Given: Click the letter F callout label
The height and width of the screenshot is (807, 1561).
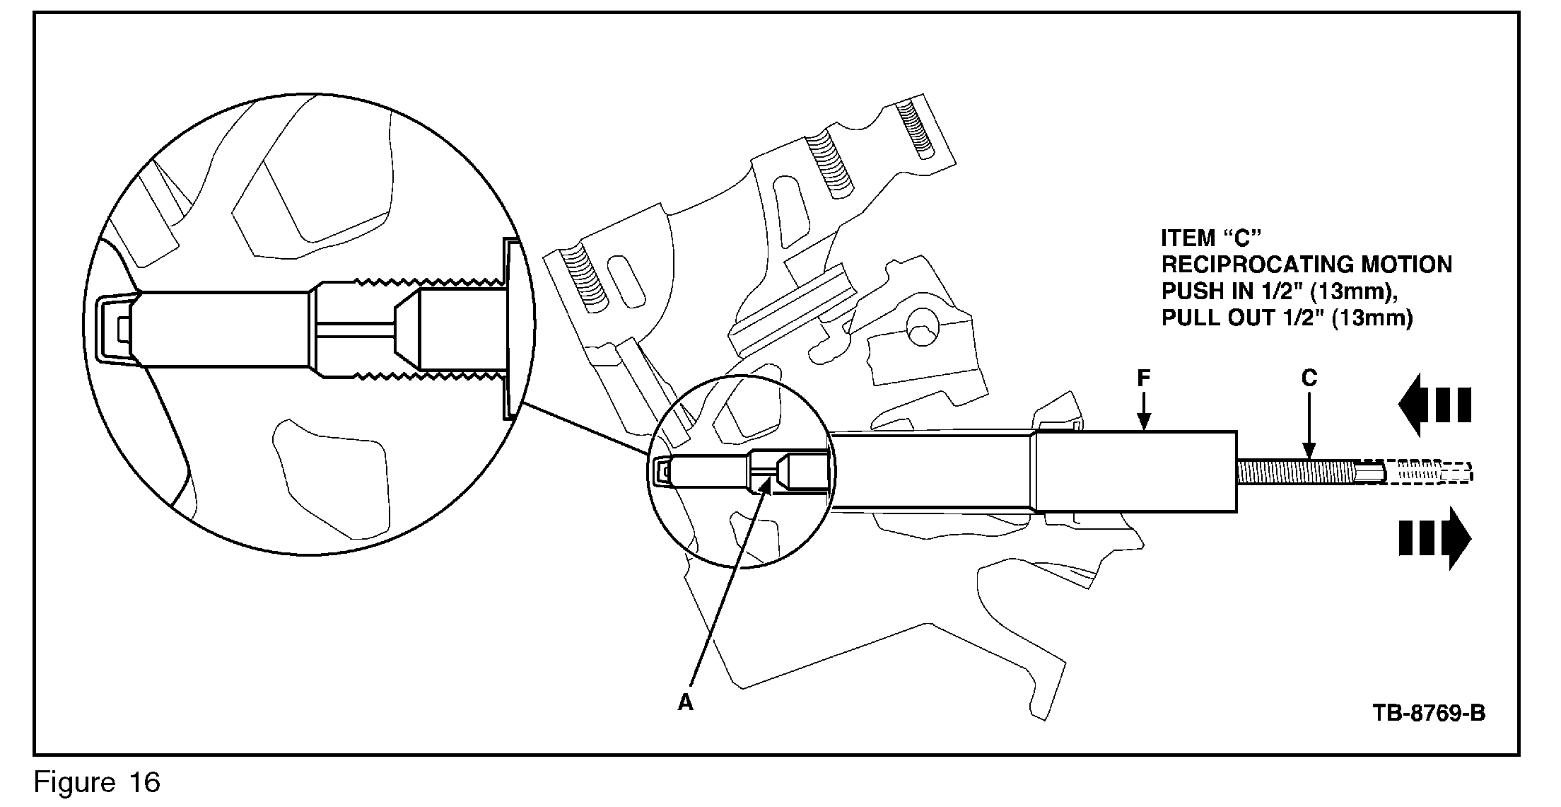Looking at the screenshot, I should point(1143,379).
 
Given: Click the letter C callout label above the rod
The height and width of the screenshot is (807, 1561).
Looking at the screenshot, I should point(1309,379).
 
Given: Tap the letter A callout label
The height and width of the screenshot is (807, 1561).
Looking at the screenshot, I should point(685,702).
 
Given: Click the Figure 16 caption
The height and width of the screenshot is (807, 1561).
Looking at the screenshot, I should point(97,782).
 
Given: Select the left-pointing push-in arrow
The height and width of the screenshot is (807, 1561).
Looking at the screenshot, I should point(1434,406).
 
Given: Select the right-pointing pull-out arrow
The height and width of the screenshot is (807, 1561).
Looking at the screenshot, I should point(1434,538).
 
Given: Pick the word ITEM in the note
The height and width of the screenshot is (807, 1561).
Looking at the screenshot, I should point(1188,238).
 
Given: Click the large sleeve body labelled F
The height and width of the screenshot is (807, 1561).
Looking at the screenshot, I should point(1135,471).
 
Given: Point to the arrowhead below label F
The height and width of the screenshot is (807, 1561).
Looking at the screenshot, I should point(1143,424).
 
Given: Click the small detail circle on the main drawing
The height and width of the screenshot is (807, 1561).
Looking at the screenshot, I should point(740,470).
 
